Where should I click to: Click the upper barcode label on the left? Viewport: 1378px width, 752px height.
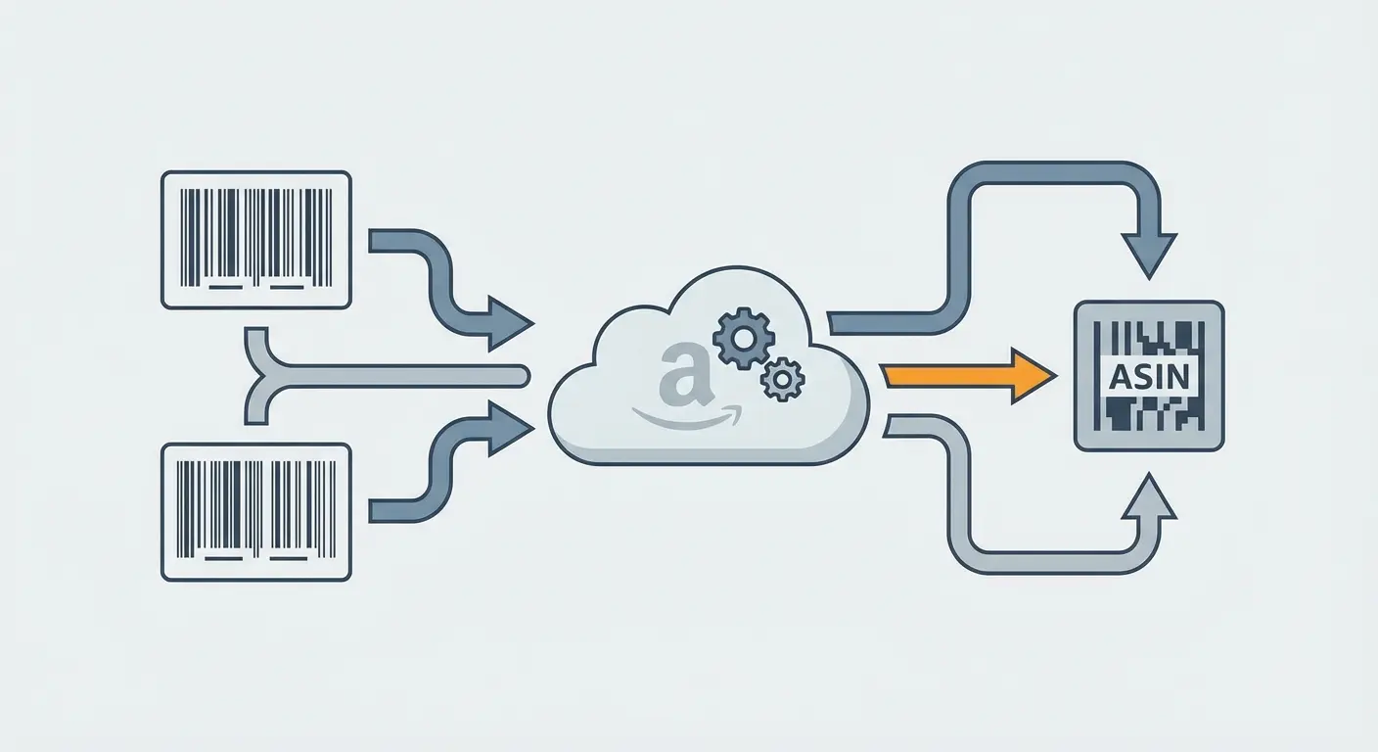[x=255, y=240]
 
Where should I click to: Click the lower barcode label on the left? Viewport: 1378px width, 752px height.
[x=255, y=512]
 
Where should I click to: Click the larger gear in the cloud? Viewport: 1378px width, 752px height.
[x=743, y=339]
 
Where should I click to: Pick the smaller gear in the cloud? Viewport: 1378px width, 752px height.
[x=782, y=379]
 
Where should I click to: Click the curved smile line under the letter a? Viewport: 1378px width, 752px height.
[x=685, y=418]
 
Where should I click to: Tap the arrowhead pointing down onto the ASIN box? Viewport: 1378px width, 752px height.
[x=1149, y=257]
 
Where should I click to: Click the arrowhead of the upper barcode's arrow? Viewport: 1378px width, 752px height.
[x=510, y=322]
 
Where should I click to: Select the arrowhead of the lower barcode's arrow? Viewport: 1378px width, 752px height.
[x=510, y=427]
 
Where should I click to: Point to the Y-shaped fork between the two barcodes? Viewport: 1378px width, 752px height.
[x=256, y=376]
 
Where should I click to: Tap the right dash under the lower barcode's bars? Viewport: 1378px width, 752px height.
[x=288, y=560]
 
